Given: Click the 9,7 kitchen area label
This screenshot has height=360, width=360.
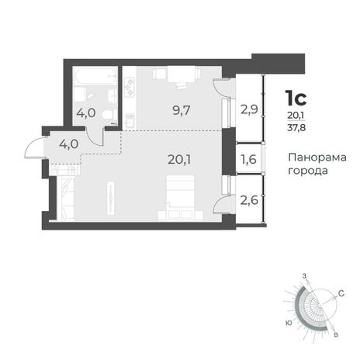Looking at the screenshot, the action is (182, 111).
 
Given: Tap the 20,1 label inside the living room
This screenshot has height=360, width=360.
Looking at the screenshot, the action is (179, 160).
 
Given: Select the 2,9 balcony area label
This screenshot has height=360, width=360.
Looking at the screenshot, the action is (249, 109).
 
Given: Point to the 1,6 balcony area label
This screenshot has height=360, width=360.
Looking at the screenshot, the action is (248, 159).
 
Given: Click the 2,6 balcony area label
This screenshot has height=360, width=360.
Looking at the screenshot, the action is (249, 200).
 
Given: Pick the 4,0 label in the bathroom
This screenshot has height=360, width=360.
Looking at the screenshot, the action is (86, 113).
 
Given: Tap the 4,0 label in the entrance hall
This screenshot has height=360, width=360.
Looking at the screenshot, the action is (69, 144).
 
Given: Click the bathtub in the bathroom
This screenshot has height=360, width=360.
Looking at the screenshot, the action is (95, 76).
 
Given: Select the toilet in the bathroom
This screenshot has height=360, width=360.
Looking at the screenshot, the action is (108, 114).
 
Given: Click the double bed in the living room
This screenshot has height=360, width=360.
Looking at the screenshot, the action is (180, 194).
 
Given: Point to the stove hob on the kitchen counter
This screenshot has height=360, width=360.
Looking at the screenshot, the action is (130, 87).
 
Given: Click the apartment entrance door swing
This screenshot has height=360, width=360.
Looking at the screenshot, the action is (34, 147).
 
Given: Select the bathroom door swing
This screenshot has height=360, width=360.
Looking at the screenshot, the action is (95, 137).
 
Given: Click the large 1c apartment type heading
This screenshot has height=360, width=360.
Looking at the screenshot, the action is (296, 99).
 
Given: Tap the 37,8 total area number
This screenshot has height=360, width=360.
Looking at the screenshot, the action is (296, 127).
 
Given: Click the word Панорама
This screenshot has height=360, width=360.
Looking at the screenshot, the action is (317, 157).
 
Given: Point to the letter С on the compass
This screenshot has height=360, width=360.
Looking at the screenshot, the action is (341, 293).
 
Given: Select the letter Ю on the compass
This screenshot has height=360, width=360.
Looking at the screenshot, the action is (289, 323).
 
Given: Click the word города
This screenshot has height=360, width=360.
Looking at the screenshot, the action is (308, 171).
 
